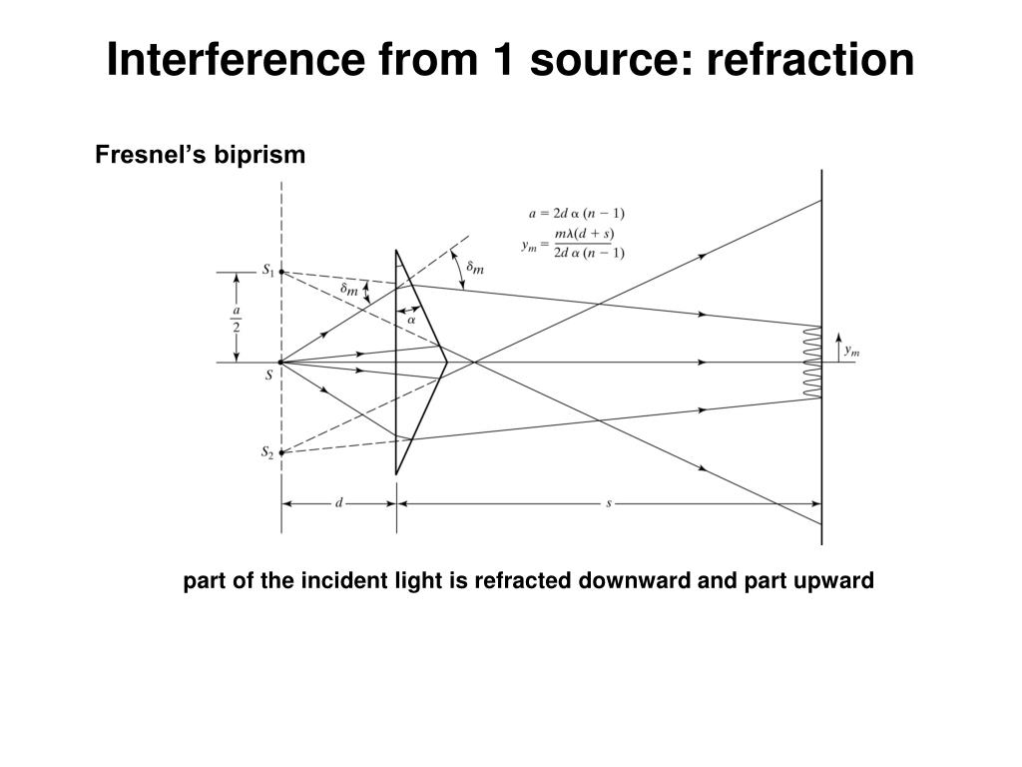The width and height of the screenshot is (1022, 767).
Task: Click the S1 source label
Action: [x=267, y=270]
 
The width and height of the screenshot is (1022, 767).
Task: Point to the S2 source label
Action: [x=267, y=453]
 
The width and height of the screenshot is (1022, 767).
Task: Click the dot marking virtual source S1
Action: [x=281, y=272]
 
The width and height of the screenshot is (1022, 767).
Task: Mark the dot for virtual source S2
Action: [x=281, y=452]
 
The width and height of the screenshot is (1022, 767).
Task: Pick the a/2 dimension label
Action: [x=237, y=319]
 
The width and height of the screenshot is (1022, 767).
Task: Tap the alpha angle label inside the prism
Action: [x=411, y=321]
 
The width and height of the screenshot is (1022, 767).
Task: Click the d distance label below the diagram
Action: [x=338, y=503]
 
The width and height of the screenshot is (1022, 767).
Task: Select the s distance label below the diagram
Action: [x=609, y=503]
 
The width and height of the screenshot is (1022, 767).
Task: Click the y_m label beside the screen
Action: [x=851, y=351]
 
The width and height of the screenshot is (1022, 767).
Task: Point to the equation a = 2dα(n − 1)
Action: [x=577, y=212]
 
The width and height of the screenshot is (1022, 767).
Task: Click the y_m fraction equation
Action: [x=574, y=243]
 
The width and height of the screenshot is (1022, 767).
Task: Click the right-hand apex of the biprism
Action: [x=446, y=363]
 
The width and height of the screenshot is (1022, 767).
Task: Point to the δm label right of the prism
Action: [x=476, y=267]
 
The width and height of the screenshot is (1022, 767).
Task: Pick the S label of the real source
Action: [x=268, y=376]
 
